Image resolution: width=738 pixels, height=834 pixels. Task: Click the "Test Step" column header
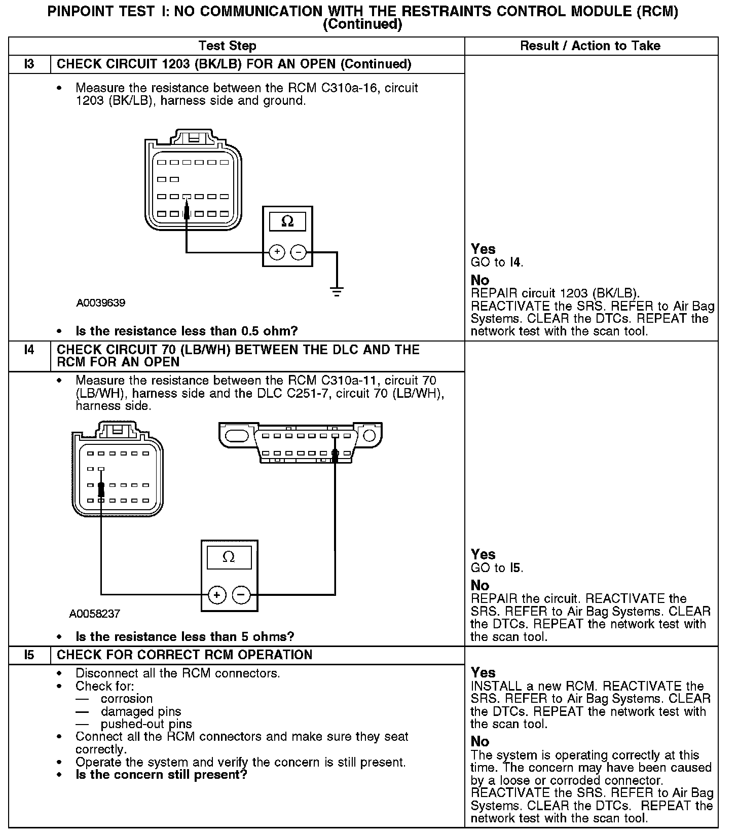pyautogui.click(x=228, y=46)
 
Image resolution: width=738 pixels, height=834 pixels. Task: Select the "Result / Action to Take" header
pyautogui.click(x=591, y=46)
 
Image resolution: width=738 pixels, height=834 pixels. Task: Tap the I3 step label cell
pyautogui.click(x=29, y=64)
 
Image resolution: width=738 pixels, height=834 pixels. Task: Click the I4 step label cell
pyautogui.click(x=29, y=350)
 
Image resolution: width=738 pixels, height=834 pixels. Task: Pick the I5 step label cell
pyautogui.click(x=29, y=655)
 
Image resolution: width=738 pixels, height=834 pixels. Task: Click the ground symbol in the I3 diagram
pyautogui.click(x=337, y=291)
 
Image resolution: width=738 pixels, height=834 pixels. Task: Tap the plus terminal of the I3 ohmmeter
pyautogui.click(x=277, y=252)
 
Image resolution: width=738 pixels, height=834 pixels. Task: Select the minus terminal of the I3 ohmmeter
pyautogui.click(x=299, y=252)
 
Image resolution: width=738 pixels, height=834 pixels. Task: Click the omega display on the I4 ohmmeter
pyautogui.click(x=229, y=558)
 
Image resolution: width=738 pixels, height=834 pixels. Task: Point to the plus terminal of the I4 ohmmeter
pyautogui.click(x=217, y=594)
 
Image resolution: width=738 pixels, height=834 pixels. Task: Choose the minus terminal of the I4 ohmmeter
pyautogui.click(x=241, y=594)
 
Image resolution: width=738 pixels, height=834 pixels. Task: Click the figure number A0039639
pyautogui.click(x=101, y=303)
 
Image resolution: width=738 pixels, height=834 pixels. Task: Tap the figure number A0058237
pyautogui.click(x=95, y=614)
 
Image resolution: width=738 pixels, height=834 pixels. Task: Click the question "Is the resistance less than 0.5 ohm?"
pyautogui.click(x=187, y=331)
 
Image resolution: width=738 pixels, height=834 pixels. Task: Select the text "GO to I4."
pyautogui.click(x=497, y=262)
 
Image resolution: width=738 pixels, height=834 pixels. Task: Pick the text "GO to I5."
pyautogui.click(x=497, y=568)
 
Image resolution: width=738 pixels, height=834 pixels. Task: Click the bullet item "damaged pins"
pyautogui.click(x=140, y=712)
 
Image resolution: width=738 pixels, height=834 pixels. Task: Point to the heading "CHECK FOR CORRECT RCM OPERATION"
pyautogui.click(x=184, y=655)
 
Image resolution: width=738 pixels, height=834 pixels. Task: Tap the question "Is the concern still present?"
pyautogui.click(x=161, y=775)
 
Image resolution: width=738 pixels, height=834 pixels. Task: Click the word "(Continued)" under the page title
pyautogui.click(x=362, y=24)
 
